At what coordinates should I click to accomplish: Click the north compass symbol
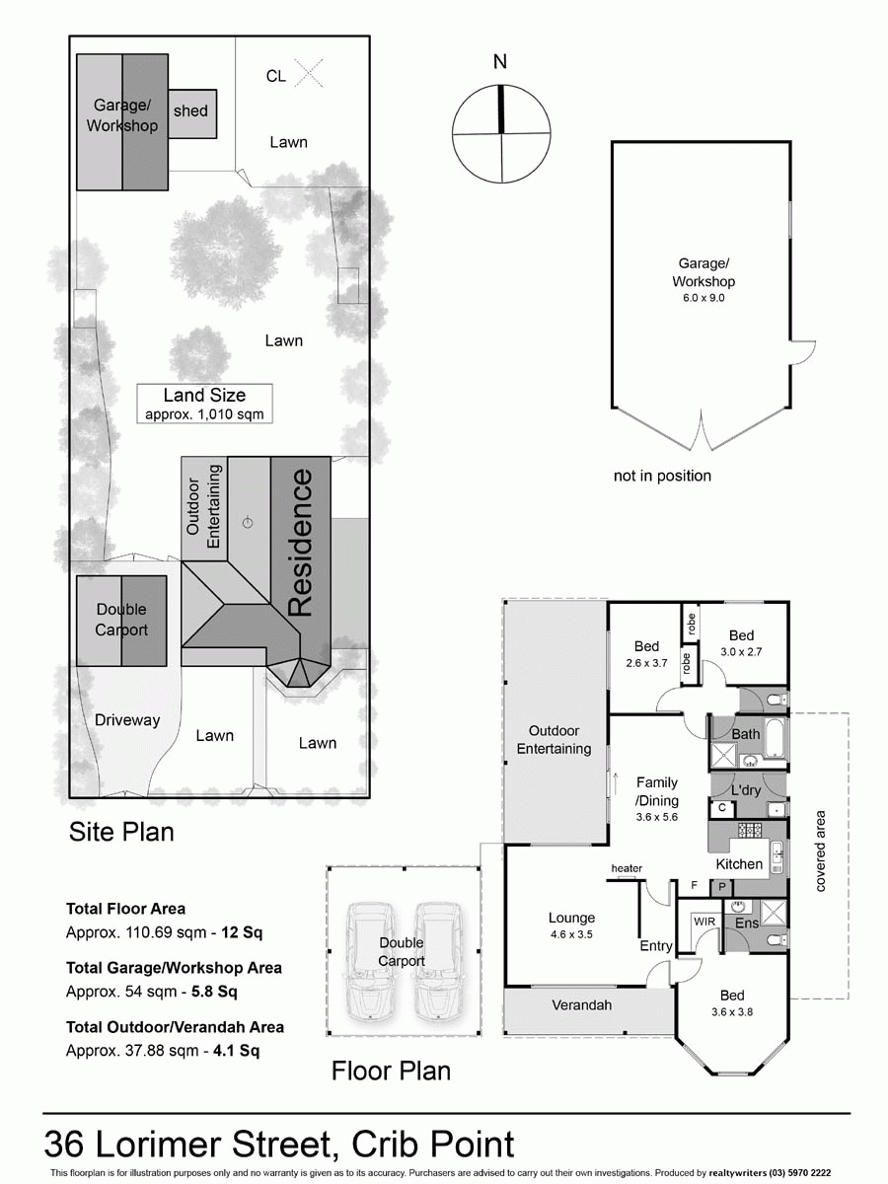click(x=501, y=134)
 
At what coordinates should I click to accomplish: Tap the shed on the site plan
click(x=191, y=111)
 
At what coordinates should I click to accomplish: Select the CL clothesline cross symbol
click(x=310, y=73)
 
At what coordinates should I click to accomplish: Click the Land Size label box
click(x=204, y=404)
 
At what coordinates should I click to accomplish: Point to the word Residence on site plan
click(x=301, y=544)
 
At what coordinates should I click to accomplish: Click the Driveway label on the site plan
click(x=127, y=720)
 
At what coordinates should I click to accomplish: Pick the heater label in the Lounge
click(x=627, y=868)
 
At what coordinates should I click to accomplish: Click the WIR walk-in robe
click(x=704, y=921)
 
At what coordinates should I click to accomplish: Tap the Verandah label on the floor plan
click(x=581, y=1005)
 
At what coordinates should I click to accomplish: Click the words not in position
click(x=662, y=476)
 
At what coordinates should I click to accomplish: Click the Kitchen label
click(x=739, y=863)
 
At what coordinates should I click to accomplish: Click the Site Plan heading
click(x=121, y=832)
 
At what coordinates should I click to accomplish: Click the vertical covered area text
click(x=820, y=851)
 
